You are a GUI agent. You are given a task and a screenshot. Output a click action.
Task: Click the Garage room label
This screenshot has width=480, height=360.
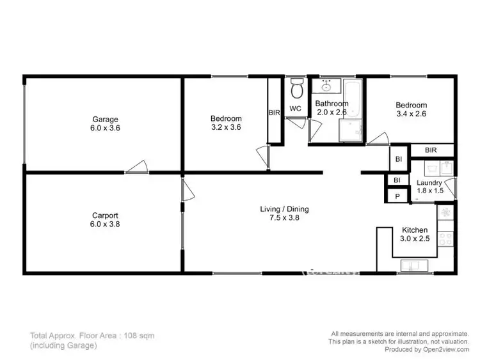pos(105,119)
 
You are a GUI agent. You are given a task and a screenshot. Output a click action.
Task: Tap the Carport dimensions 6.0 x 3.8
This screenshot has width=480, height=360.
pos(105,225)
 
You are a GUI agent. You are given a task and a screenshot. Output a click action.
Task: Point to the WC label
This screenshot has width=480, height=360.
pos(295,109)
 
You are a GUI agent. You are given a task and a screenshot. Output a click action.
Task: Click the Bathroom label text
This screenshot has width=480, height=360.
pos(332,104)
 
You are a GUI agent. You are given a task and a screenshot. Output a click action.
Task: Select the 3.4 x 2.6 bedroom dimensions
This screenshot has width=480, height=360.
pos(411,114)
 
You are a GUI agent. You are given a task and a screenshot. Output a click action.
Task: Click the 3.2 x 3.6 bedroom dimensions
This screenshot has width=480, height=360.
pos(226,127)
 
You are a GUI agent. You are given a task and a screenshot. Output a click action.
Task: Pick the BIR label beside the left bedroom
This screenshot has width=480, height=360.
pos(274,113)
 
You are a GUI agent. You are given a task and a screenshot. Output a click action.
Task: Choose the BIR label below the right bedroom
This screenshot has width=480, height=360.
pos(431,151)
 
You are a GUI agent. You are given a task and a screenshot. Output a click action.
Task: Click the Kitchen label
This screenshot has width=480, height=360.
pos(414,230)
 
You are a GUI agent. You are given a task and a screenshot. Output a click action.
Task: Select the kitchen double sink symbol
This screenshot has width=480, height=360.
pos(410,265)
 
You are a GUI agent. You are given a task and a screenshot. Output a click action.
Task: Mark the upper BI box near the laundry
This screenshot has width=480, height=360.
pos(397,158)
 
